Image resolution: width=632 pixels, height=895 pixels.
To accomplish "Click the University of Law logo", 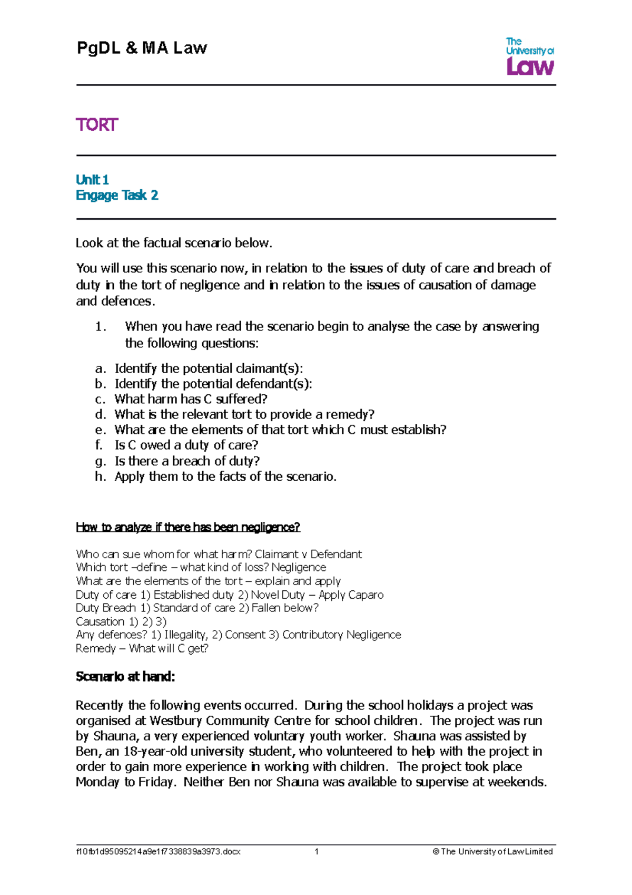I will (x=529, y=56).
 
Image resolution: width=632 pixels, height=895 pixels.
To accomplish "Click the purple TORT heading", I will (x=97, y=125).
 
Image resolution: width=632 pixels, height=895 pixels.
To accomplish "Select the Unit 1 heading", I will (x=92, y=180).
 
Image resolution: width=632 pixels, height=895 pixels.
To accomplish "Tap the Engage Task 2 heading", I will (x=117, y=196).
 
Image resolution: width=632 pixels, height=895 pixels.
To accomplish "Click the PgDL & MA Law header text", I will (x=142, y=48).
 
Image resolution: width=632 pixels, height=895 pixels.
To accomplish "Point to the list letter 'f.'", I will (x=99, y=445).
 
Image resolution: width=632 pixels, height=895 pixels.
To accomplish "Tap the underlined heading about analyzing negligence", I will (x=188, y=527).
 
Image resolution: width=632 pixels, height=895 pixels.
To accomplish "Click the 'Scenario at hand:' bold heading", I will (x=125, y=676).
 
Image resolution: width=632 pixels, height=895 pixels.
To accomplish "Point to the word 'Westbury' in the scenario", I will (x=176, y=721).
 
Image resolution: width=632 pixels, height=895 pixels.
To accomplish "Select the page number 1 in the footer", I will (x=317, y=851).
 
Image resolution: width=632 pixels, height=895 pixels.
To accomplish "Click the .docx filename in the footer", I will (x=159, y=851).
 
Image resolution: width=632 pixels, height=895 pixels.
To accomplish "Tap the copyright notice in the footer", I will (x=492, y=851).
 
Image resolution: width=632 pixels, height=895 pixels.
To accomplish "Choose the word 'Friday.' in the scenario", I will (x=157, y=782).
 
